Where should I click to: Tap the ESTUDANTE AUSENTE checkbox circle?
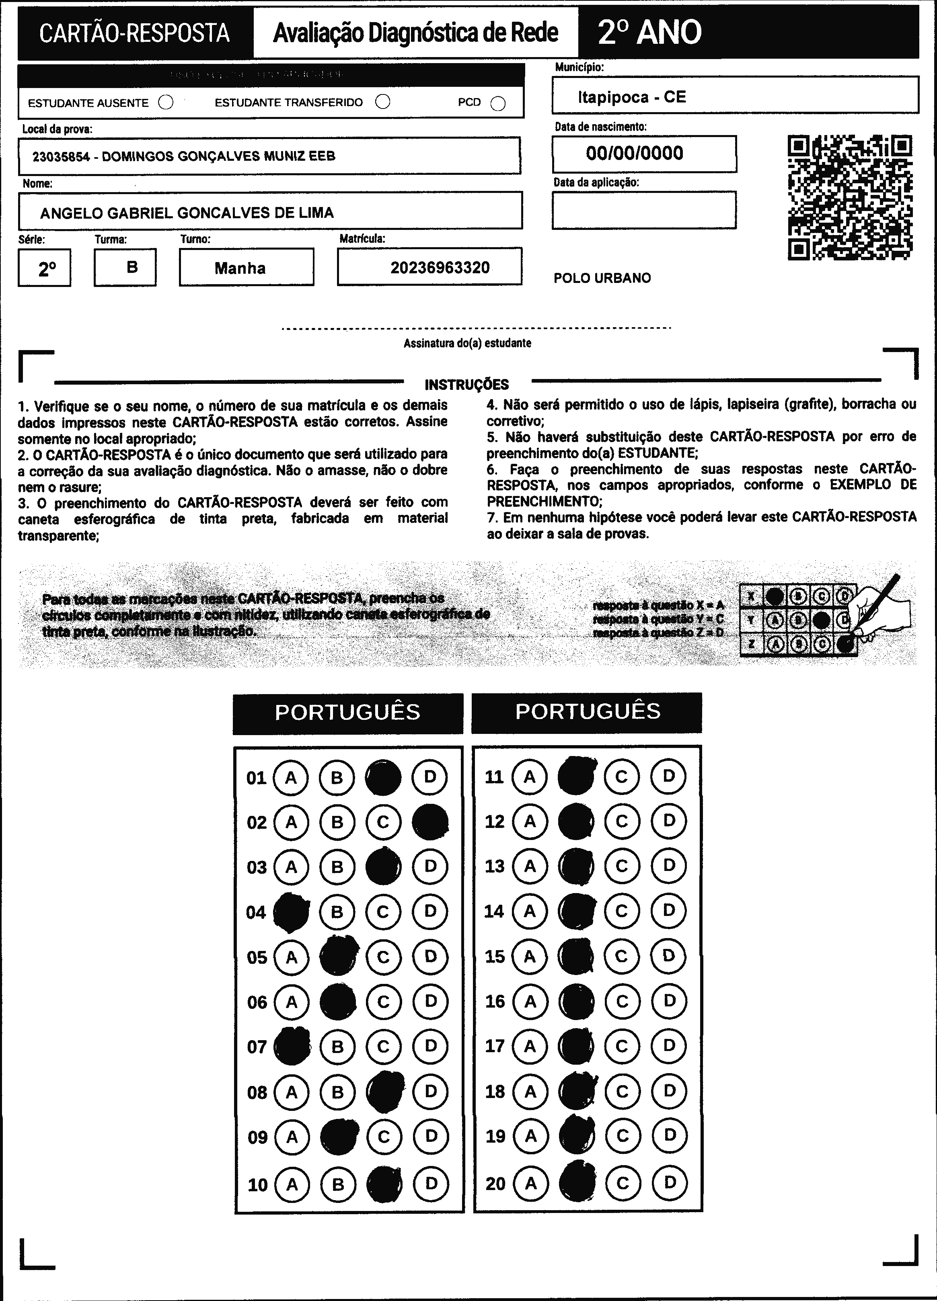[x=166, y=102]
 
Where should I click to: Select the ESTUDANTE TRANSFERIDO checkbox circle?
[x=383, y=102]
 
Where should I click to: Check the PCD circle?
[x=498, y=103]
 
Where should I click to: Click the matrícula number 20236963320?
[x=440, y=267]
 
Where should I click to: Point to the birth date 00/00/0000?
[x=635, y=153]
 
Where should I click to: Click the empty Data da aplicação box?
[x=644, y=210]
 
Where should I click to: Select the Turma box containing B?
[x=125, y=267]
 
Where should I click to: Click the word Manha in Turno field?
[x=240, y=268]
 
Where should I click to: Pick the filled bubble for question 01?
[x=383, y=777]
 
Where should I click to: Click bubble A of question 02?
[x=291, y=822]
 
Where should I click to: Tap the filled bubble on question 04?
[x=291, y=912]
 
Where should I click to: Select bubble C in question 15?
[x=622, y=956]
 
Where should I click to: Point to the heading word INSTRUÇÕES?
[x=466, y=384]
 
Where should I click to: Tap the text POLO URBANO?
[x=602, y=278]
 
